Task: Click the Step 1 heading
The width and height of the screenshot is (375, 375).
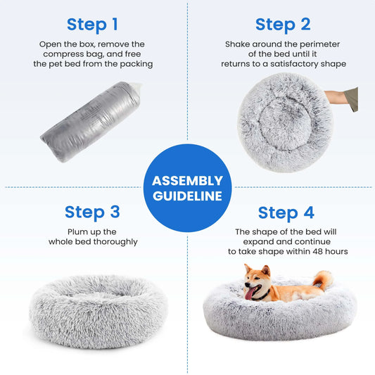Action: point(92,25)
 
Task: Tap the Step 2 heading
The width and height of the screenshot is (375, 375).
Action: point(283,25)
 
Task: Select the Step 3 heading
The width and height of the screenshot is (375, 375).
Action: point(92,212)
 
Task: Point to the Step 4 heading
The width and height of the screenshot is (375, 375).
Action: point(286,213)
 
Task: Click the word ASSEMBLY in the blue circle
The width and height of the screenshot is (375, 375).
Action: point(187,181)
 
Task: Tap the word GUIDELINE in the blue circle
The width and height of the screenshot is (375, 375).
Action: point(187,196)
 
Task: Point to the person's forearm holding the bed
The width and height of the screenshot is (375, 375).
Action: point(336,97)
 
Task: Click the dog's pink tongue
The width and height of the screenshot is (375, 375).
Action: point(250,293)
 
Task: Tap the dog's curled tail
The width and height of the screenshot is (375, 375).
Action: point(323,279)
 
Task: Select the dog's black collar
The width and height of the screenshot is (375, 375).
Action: point(262,296)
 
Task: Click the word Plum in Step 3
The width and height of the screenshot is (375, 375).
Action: point(75,232)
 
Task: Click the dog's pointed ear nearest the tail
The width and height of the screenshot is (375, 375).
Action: point(266,270)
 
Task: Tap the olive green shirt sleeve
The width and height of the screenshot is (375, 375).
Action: point(352,100)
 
